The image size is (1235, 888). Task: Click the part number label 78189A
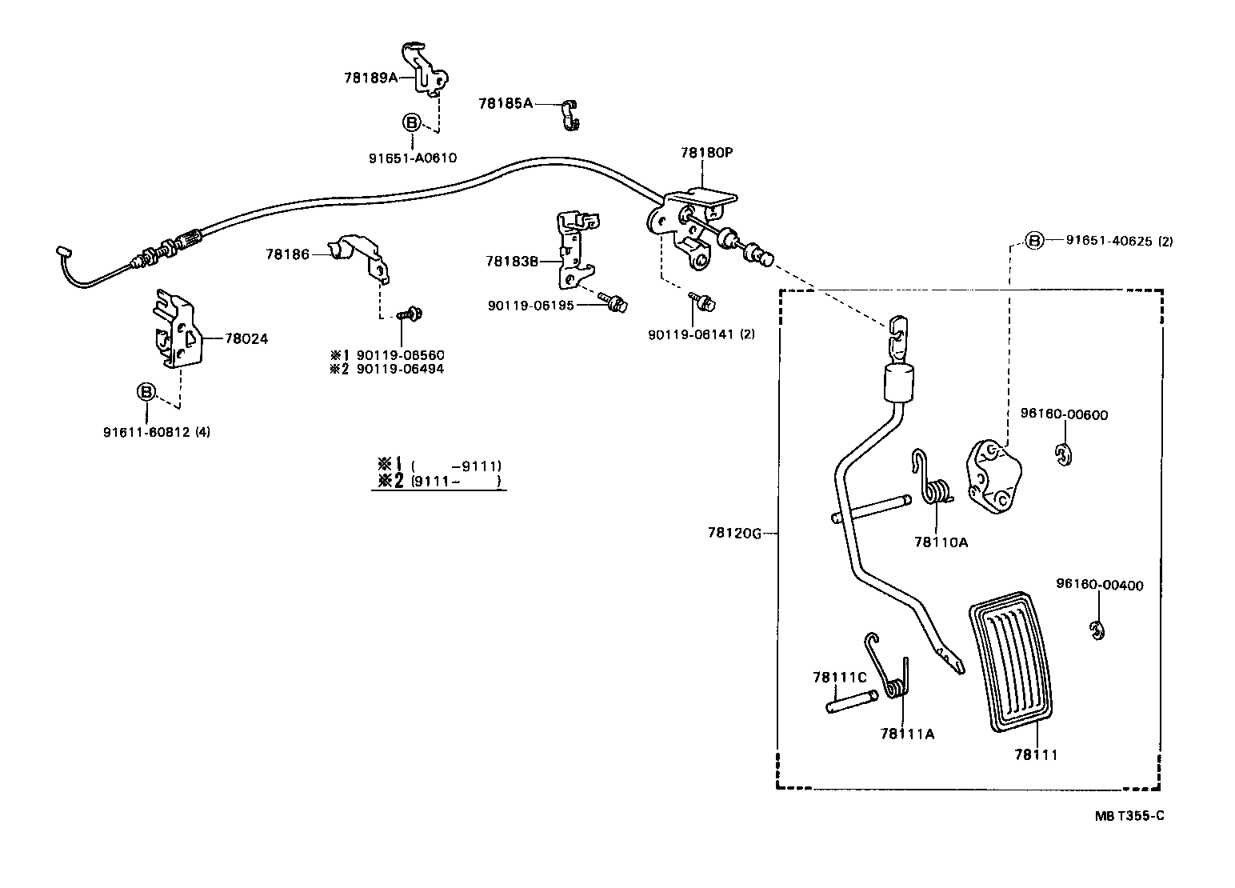tap(370, 78)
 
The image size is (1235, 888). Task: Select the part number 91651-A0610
tap(412, 158)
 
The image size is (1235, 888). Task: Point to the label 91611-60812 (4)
tap(157, 432)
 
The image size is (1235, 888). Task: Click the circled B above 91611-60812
tap(146, 392)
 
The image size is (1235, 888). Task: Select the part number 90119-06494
tap(400, 369)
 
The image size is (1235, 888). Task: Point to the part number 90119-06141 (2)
tap(701, 334)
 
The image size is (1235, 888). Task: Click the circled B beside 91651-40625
tap(1034, 240)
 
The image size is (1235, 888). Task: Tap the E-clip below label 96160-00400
tap(1097, 630)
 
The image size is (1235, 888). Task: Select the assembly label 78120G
tap(733, 533)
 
